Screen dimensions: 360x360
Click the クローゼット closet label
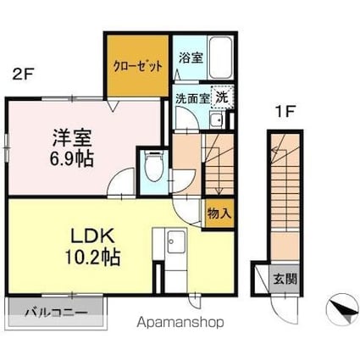tap(138, 66)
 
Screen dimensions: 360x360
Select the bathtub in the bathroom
tap(221, 58)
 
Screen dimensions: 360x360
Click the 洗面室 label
tap(193, 98)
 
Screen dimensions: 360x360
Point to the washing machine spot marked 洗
tap(222, 97)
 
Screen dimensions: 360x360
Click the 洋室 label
tap(72, 138)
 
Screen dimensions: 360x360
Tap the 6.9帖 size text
tap(72, 159)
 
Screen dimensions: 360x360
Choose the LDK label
tap(92, 236)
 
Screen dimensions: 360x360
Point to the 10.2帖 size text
tap(93, 257)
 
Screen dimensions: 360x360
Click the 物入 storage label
tap(219, 213)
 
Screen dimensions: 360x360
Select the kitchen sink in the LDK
tap(176, 242)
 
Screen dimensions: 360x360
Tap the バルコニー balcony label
tap(56, 313)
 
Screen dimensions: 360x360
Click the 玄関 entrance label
tap(285, 279)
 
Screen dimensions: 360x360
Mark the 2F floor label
tap(23, 75)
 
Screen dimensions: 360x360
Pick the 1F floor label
tap(285, 112)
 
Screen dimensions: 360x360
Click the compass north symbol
tap(342, 309)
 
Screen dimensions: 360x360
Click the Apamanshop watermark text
tap(180, 322)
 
